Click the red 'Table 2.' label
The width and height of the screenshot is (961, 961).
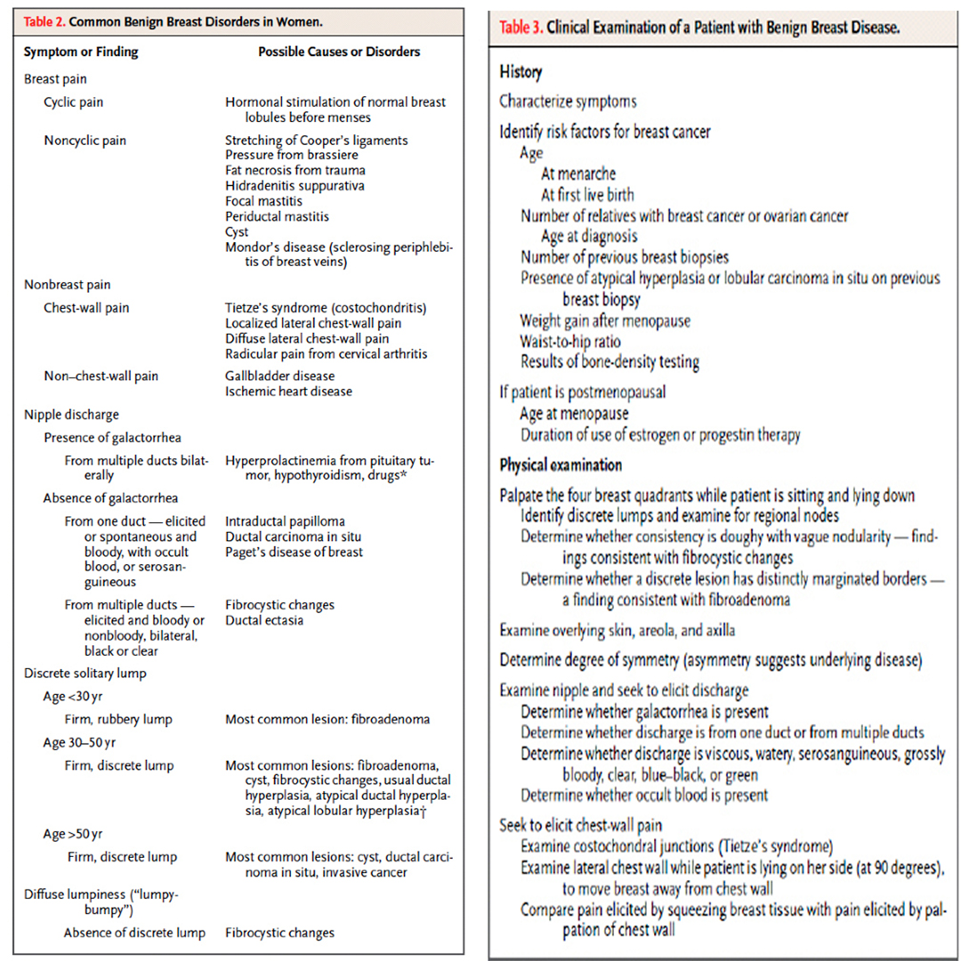[x=46, y=21]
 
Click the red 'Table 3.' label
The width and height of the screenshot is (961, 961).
[x=521, y=28]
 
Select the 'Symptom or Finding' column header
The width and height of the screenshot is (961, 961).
[x=81, y=52]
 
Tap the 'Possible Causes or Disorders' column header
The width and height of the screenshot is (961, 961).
[x=339, y=52]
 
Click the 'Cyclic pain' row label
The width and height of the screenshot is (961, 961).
[x=73, y=102]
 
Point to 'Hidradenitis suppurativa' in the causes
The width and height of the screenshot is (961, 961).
[x=295, y=185]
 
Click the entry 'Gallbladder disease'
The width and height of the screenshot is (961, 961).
[x=280, y=376]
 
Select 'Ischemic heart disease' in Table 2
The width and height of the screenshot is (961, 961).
[x=288, y=392]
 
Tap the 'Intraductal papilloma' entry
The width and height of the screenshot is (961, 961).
[x=285, y=521]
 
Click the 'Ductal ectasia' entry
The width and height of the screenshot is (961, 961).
[x=264, y=620]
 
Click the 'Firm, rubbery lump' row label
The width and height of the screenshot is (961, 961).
[x=119, y=719]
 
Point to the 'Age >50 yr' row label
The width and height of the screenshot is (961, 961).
[x=73, y=834]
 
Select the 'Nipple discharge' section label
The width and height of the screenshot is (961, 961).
[x=71, y=415]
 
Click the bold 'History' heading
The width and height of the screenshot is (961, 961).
[x=521, y=72]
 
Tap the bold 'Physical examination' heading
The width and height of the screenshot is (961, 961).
[x=561, y=465]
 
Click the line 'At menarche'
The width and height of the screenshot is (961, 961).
[x=577, y=174]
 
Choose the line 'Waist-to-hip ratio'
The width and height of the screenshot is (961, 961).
[x=570, y=341]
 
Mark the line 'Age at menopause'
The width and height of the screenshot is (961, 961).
[x=574, y=414]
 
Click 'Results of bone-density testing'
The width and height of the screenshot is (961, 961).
[x=610, y=361]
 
